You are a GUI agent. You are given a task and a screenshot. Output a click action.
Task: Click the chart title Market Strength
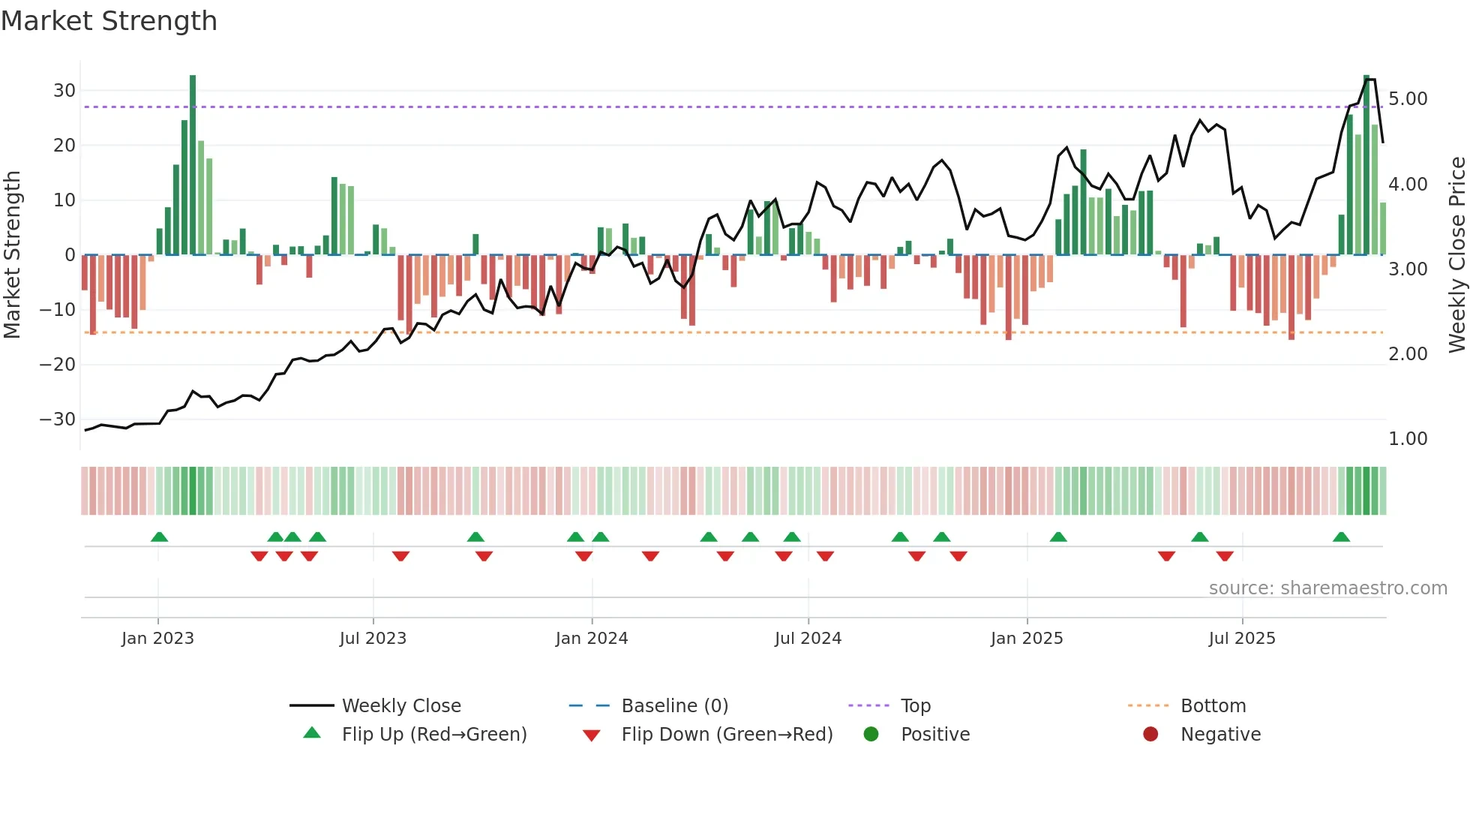coord(109,21)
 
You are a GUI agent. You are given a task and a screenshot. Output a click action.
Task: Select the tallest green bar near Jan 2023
coord(193,165)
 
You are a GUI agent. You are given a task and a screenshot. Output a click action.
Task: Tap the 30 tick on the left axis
coord(64,91)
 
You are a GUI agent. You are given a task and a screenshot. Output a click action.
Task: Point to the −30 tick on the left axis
coord(58,420)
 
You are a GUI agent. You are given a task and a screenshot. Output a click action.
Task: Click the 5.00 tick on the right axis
coord(1408,99)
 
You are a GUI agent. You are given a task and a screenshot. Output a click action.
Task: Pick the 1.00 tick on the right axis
coord(1408,439)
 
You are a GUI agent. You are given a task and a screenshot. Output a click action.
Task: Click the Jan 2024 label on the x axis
coord(591,639)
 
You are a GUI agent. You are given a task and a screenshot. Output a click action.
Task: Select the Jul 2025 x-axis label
coord(1241,639)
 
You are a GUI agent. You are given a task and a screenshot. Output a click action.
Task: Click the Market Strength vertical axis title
coord(12,255)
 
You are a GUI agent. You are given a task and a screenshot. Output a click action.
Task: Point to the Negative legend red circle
coord(1150,735)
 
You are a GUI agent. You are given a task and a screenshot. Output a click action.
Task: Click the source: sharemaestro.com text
coord(1327,588)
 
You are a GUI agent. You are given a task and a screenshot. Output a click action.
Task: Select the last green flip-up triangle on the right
coord(1341,537)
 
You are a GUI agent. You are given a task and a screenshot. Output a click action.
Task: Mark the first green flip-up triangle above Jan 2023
coord(159,537)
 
